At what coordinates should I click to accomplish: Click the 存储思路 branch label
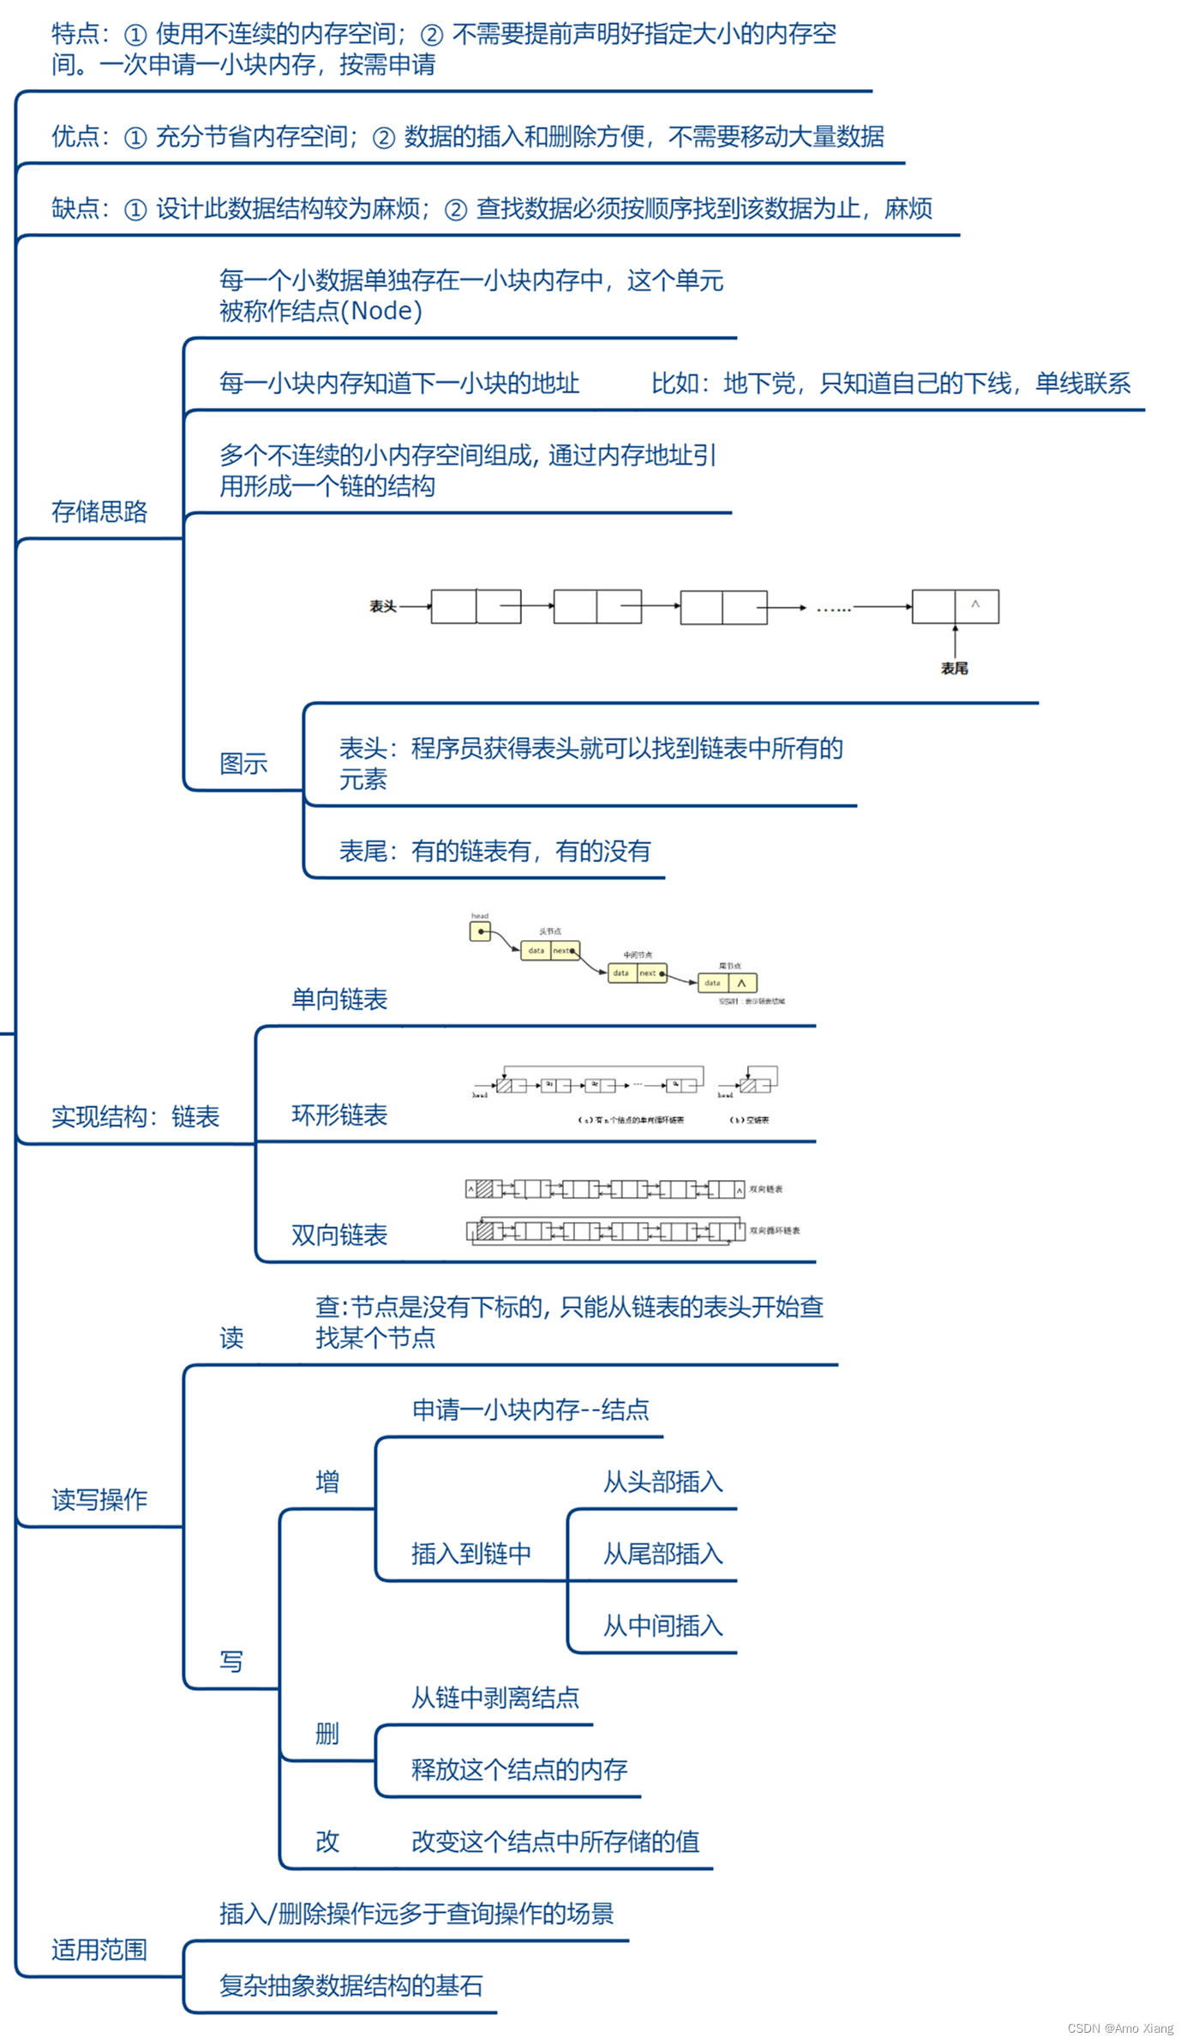click(99, 512)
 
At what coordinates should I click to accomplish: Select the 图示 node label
click(243, 764)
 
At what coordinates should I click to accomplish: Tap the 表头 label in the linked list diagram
click(382, 607)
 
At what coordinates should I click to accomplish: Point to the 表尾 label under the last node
click(954, 668)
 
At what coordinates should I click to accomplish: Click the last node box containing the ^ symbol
click(955, 606)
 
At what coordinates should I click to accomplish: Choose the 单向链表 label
click(339, 999)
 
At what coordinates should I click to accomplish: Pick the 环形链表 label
click(339, 1115)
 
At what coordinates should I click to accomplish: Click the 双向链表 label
click(339, 1235)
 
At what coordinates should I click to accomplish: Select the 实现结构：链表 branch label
click(135, 1117)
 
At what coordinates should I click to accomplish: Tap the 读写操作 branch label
click(99, 1499)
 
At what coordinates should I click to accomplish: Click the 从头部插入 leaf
click(662, 1482)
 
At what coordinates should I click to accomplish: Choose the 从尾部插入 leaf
click(662, 1554)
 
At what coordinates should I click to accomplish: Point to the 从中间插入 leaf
click(662, 1626)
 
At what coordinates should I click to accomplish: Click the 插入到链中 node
click(471, 1554)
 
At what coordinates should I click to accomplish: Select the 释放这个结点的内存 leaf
click(519, 1770)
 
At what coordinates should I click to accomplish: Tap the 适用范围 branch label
click(99, 1950)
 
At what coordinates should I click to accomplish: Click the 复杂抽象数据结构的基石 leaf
click(351, 1986)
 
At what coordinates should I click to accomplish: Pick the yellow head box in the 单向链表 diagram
click(480, 932)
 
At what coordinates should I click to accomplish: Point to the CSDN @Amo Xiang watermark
click(1120, 2028)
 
